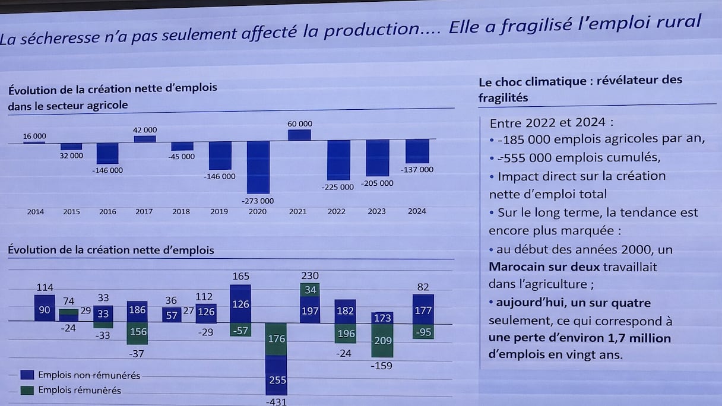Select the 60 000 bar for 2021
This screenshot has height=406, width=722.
[299, 135]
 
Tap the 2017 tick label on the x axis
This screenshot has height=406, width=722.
[144, 211]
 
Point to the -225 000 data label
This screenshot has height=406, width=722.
[338, 187]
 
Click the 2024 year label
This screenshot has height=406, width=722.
[417, 211]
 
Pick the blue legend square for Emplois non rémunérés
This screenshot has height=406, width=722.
[27, 375]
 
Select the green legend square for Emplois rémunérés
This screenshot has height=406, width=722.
[27, 390]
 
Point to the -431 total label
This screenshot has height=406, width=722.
[277, 402]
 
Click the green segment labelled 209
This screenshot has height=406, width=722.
[382, 341]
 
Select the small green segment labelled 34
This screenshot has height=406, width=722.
[310, 290]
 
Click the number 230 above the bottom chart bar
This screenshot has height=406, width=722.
[310, 275]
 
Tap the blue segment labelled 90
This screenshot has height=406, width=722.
[45, 309]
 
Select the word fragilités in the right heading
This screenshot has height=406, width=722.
[503, 98]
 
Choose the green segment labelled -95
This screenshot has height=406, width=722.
[423, 332]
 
